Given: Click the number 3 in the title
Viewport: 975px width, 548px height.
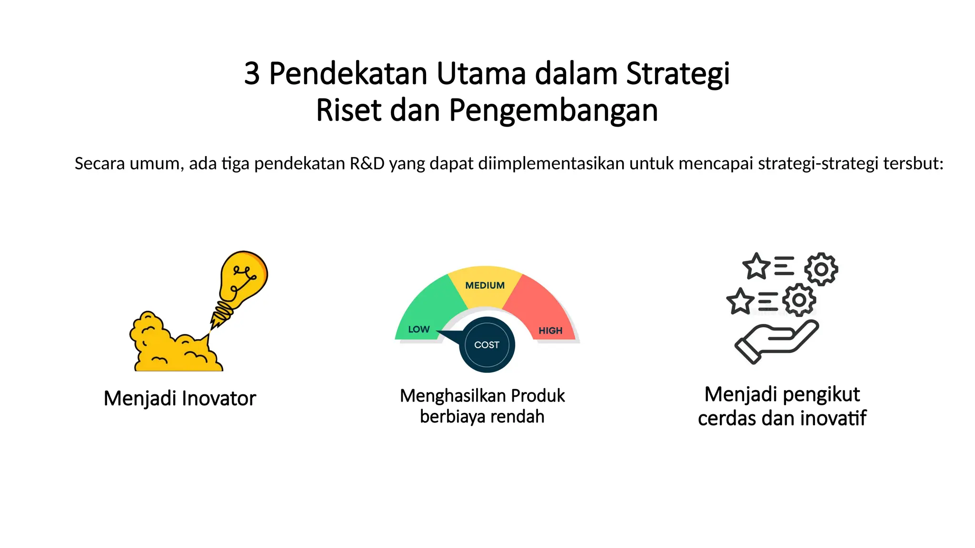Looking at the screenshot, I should pyautogui.click(x=252, y=74).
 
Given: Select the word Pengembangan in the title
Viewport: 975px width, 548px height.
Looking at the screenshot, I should pyautogui.click(x=553, y=111).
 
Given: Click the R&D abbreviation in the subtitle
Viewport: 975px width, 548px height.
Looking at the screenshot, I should pyautogui.click(x=367, y=164).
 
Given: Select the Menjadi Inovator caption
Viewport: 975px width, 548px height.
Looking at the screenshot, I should pyautogui.click(x=180, y=399).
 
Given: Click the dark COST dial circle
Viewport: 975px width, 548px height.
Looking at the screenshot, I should pyautogui.click(x=487, y=345).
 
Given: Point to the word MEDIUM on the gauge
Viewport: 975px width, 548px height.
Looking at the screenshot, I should pyautogui.click(x=485, y=286).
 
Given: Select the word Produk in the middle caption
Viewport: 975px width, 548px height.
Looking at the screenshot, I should pyautogui.click(x=538, y=396).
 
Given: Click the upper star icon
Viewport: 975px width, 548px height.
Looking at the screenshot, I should pyautogui.click(x=756, y=266).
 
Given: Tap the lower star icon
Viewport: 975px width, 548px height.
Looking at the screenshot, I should pyautogui.click(x=740, y=301).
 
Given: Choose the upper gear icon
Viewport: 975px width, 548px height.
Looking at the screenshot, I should pyautogui.click(x=821, y=269).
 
